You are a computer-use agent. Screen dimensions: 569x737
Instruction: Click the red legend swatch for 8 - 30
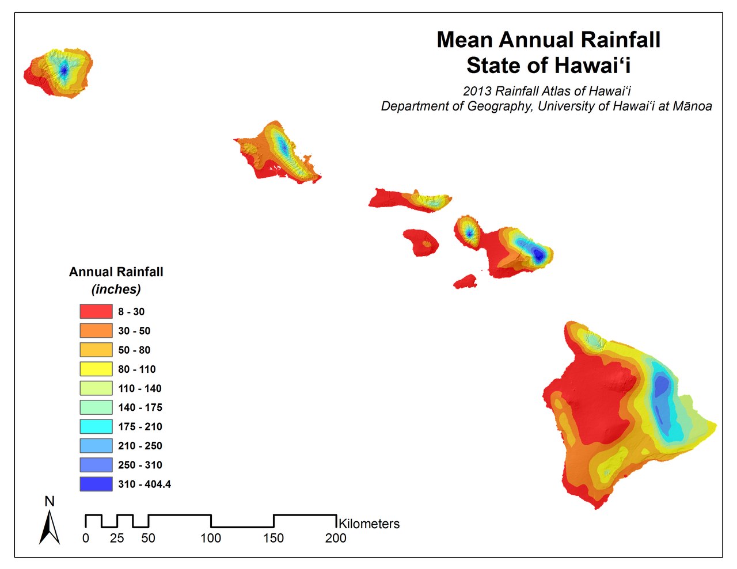96,311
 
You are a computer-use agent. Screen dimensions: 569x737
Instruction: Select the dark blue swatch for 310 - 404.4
96,484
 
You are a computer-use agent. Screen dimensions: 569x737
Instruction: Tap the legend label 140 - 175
140,407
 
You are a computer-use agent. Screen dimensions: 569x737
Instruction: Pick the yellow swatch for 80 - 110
96,369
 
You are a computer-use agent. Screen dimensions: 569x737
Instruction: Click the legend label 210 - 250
140,446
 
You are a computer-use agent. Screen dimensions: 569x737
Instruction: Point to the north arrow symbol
50,528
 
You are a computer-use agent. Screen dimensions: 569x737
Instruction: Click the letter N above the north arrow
50,502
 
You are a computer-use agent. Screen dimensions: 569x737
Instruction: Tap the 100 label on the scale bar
211,538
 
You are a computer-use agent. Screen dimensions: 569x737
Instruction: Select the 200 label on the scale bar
336,538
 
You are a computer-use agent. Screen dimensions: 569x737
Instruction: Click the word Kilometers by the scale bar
369,524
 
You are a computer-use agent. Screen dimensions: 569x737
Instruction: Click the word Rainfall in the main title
620,40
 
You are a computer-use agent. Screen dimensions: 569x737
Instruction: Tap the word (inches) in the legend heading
116,289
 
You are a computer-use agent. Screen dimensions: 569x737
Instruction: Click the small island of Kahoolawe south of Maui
465,282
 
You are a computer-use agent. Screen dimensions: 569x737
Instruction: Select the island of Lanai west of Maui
420,242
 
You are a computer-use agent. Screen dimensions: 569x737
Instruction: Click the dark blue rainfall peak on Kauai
64,70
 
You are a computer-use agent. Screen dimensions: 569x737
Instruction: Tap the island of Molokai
409,200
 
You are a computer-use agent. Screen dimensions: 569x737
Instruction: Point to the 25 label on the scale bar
117,538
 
